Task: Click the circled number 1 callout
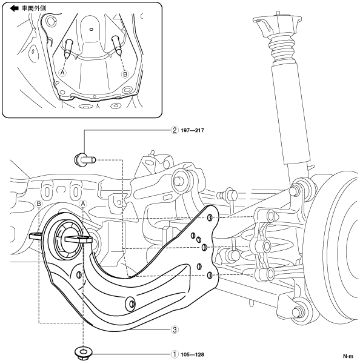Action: coord(175,354)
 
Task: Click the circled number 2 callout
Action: coord(175,130)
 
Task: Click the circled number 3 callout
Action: coord(175,329)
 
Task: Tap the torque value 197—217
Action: coord(192,130)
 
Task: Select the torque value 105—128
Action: coord(192,354)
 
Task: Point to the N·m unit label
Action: coord(348,356)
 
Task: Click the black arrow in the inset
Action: coord(14,8)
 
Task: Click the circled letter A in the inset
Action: coord(62,73)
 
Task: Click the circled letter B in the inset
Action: coord(125,74)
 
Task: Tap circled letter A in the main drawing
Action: coord(82,204)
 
